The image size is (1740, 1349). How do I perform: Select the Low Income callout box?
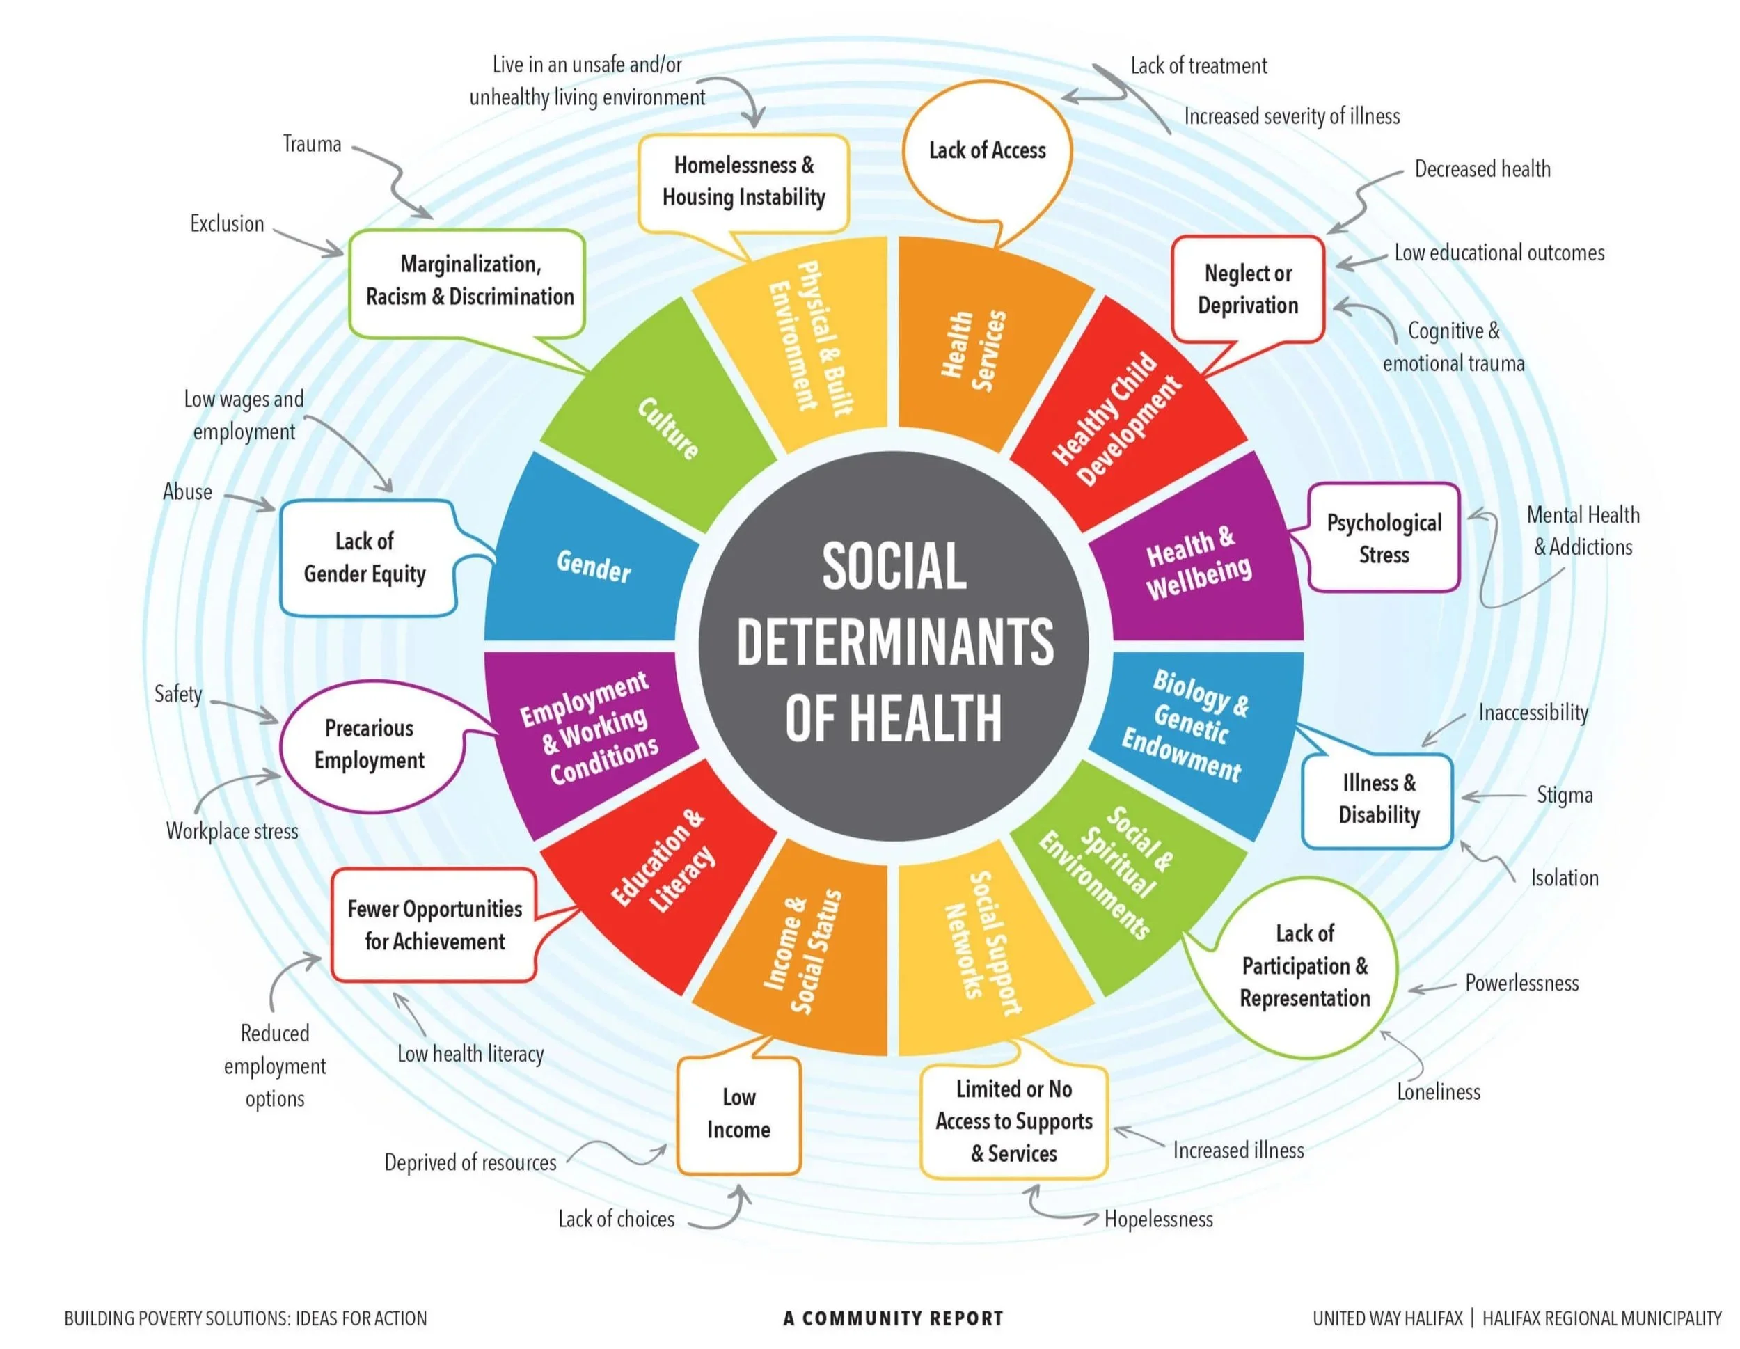[738, 1113]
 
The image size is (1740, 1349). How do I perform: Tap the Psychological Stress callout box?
[1383, 538]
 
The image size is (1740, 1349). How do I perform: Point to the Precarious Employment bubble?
[370, 744]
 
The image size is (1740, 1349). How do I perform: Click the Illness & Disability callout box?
[1378, 798]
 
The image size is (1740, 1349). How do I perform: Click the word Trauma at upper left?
[312, 144]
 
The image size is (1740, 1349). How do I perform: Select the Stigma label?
[1564, 795]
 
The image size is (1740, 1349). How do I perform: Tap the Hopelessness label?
[1157, 1219]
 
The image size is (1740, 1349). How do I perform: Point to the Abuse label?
[187, 491]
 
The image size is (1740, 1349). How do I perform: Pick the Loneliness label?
[1438, 1091]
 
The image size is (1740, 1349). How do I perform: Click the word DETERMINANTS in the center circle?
[894, 642]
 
